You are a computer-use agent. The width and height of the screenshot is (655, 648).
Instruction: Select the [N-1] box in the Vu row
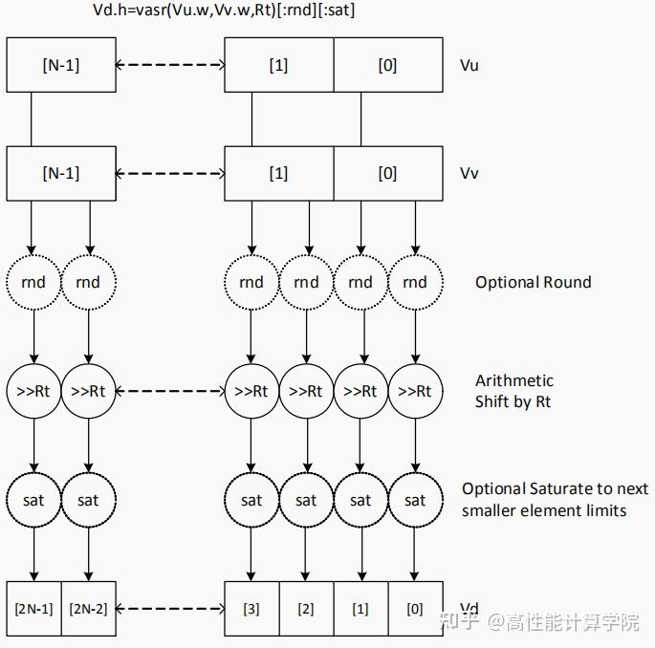click(60, 65)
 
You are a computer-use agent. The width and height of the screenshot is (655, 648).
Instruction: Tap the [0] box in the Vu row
click(387, 65)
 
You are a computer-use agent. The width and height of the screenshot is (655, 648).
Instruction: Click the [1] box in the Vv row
click(278, 173)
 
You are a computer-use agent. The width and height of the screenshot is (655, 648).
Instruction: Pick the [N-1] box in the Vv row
click(60, 173)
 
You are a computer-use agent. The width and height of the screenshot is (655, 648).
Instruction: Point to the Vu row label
click(469, 65)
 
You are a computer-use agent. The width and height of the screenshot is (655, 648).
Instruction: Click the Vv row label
click(469, 173)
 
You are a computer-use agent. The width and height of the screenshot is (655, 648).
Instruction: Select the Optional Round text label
click(533, 282)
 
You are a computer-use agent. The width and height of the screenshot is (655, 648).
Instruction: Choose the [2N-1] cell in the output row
click(33, 608)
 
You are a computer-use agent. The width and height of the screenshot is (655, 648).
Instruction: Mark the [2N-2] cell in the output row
click(88, 608)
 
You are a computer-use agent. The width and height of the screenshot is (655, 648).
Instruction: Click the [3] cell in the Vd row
click(251, 608)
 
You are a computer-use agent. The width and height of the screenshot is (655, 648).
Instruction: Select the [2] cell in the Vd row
click(306, 608)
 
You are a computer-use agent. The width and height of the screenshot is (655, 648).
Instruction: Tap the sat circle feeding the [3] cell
click(251, 500)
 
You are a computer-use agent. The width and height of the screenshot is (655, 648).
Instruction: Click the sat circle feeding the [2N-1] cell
click(33, 500)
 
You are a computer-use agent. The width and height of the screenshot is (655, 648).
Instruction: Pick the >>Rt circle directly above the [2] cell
click(306, 391)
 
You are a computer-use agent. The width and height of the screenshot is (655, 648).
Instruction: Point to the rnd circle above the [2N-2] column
click(88, 282)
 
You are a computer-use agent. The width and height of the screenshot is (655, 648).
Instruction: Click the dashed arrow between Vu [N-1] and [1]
click(168, 65)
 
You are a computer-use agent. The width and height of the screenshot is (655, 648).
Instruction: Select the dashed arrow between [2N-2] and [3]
click(168, 608)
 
